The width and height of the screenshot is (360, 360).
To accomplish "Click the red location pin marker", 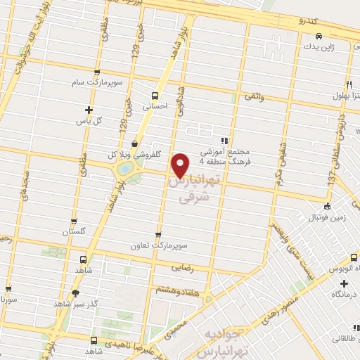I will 181,164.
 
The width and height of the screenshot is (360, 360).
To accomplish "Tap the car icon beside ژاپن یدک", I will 319,36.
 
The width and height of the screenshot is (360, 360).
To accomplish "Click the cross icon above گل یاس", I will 88,110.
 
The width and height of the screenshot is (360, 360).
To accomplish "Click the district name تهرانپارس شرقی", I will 191,189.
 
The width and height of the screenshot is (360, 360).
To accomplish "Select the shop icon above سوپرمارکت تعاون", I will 157,236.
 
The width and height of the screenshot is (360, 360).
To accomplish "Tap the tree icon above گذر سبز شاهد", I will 76,292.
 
